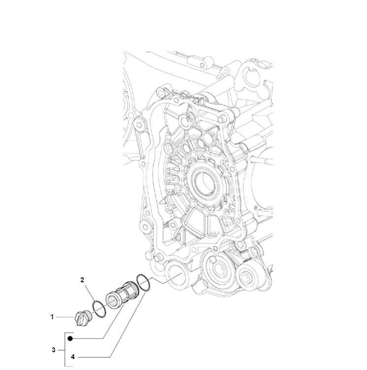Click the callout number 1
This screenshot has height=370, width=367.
pos(52,317)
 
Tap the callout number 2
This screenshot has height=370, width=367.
pos(82,280)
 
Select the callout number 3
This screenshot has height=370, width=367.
pos(54,350)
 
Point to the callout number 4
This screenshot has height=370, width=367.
pos(73,357)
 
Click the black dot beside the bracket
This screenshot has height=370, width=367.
pos(70,338)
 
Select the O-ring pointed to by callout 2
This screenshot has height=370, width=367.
pos(99,309)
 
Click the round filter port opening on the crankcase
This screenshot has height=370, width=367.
pos(175,275)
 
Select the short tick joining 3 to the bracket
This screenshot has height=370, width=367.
pos(61,350)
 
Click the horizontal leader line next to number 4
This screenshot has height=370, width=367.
pos(94,357)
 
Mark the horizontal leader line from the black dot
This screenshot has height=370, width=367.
pos(87,338)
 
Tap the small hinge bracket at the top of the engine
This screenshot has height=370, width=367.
pos(200,61)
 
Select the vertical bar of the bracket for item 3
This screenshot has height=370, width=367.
pos(65,350)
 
